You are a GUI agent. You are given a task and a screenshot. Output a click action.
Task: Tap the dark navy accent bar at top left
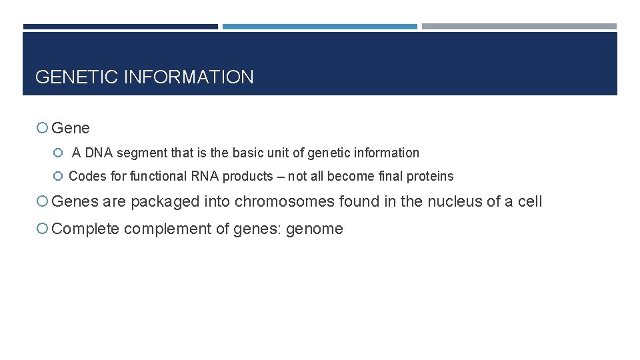click(x=120, y=27)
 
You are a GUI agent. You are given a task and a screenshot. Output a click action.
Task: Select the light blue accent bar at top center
click(x=319, y=27)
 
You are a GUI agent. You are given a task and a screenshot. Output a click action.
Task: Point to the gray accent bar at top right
click(x=519, y=27)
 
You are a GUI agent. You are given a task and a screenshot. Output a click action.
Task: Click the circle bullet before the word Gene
click(x=42, y=128)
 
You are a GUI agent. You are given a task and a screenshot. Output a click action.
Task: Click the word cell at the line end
click(x=530, y=201)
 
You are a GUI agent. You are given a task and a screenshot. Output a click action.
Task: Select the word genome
click(x=314, y=229)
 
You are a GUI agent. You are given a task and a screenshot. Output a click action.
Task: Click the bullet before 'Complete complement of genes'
click(x=42, y=229)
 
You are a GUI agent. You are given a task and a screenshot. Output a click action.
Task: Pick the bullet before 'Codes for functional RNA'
click(x=57, y=177)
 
